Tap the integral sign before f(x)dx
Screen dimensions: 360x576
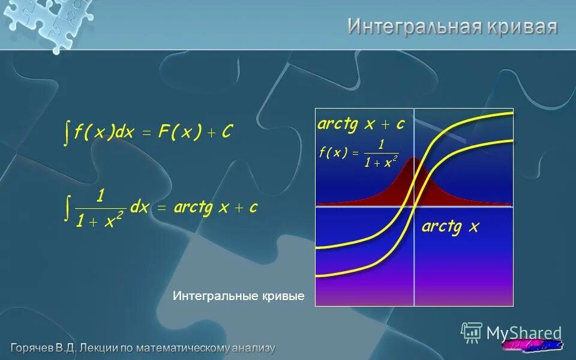(67, 133)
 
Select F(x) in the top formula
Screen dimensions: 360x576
(179, 133)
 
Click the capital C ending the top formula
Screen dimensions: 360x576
(226, 133)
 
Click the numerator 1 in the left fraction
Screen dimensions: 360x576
(100, 196)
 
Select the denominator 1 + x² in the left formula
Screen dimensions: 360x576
(100, 221)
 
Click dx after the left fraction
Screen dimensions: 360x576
(140, 208)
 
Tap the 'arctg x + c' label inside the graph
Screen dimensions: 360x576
(361, 124)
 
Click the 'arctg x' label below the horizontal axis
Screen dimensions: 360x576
(450, 227)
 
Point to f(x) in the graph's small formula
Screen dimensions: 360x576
(333, 153)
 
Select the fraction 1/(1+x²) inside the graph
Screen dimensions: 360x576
(380, 154)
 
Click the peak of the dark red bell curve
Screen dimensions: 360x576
(414, 159)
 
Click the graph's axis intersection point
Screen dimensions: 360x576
(414, 206)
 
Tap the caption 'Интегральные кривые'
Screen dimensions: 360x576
(239, 296)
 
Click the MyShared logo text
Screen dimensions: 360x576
(524, 333)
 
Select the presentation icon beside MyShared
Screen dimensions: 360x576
(472, 332)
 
